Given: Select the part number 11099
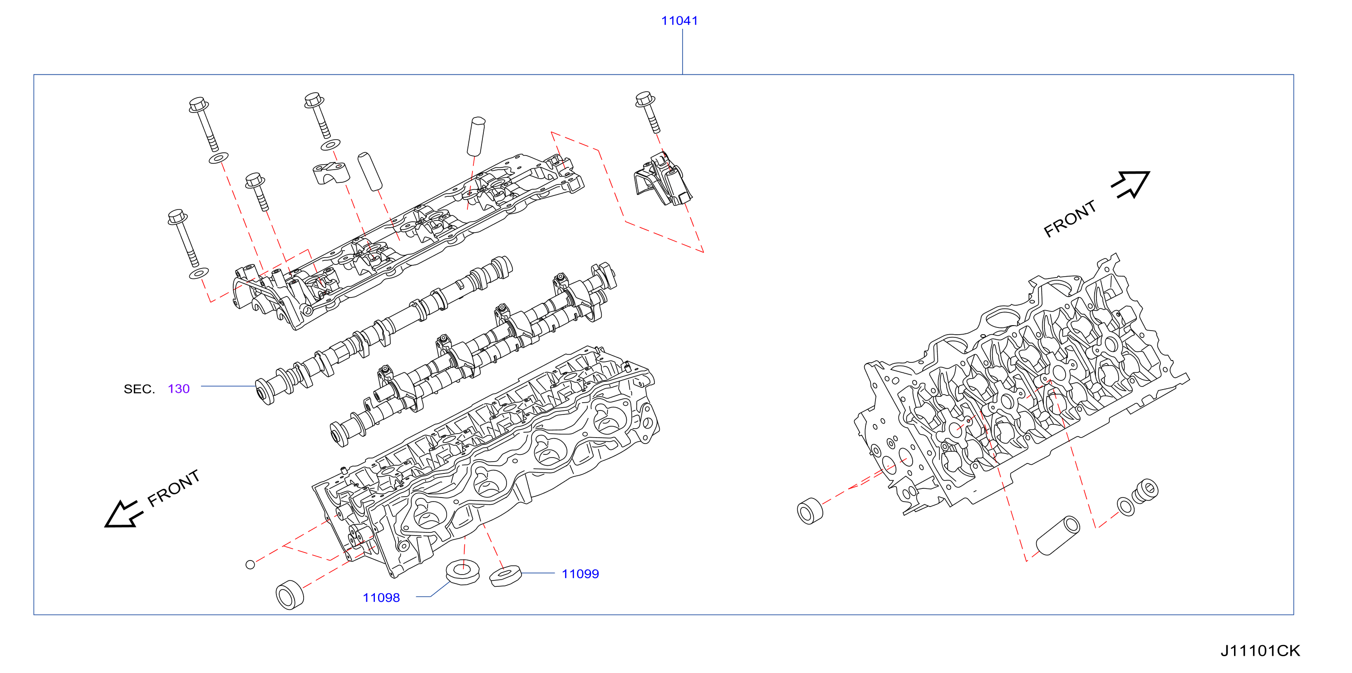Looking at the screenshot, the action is (x=580, y=574).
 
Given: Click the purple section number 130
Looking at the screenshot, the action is (x=178, y=389).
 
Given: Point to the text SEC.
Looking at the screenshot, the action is (x=139, y=389).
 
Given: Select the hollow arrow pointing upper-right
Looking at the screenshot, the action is (x=1131, y=184).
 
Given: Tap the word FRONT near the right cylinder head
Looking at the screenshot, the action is (x=1070, y=218).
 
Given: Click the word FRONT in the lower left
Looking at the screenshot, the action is (x=173, y=488).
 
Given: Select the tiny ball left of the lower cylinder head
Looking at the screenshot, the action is (x=251, y=565).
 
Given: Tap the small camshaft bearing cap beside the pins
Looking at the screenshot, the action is (x=331, y=174).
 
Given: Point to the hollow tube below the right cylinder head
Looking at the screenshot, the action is (x=1057, y=535).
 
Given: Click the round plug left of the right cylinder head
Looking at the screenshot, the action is (x=810, y=511).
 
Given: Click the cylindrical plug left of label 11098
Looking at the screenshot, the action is (x=290, y=595).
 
